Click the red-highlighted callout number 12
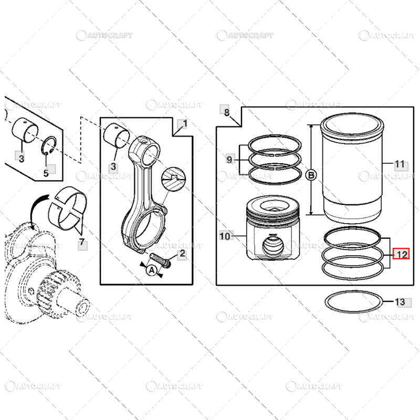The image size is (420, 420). click(402, 255)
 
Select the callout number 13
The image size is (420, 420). click(400, 302)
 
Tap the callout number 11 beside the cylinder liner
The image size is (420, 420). click(400, 164)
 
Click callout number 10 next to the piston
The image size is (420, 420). click(225, 237)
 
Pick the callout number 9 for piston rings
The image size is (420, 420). click(229, 159)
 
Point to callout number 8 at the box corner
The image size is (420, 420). click(226, 112)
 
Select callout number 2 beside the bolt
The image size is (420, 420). click(182, 254)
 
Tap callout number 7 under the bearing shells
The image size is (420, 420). click(81, 243)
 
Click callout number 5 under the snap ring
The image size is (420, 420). click(46, 172)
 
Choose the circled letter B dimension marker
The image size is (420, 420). click(311, 175)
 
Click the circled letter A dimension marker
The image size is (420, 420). click(151, 270)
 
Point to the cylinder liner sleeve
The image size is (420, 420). click(351, 173)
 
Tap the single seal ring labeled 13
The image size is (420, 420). click(352, 302)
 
